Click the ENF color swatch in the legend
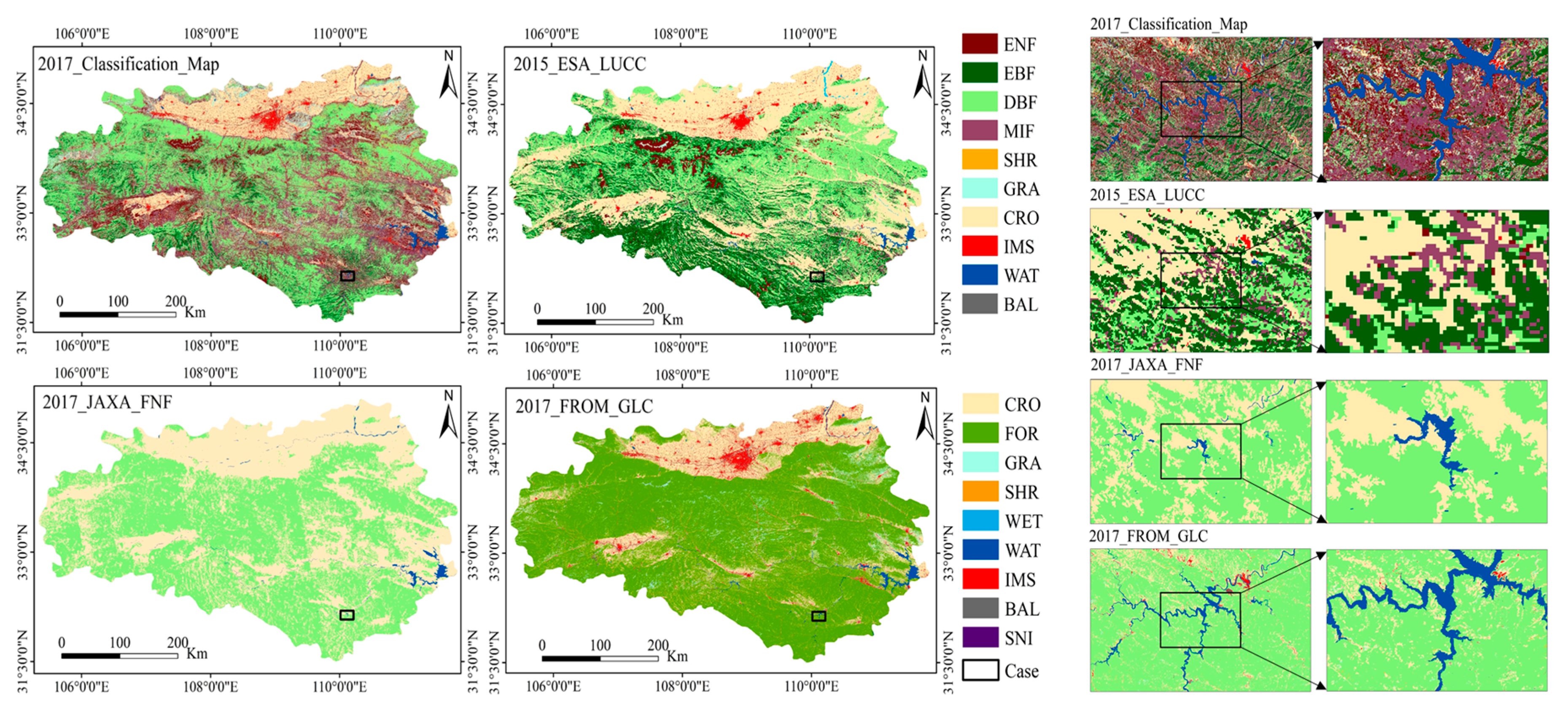point(979,44)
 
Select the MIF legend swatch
point(979,130)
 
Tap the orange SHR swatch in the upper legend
point(979,159)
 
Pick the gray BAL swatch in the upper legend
point(979,303)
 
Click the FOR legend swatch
point(979,433)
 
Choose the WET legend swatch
point(979,520)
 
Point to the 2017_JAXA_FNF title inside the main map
point(107,402)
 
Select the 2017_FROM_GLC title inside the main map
point(584,406)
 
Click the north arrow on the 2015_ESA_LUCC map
point(922,75)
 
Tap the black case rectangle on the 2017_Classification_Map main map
point(347,276)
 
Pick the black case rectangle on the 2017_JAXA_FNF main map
point(347,615)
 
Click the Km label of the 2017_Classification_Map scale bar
point(195,313)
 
